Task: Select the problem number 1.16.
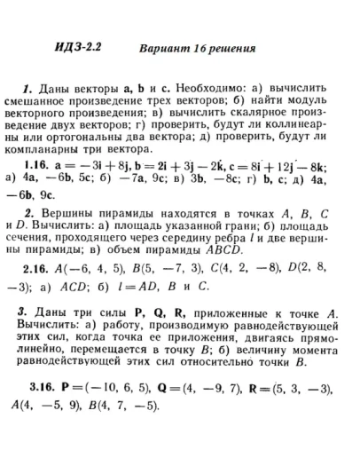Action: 36,165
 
